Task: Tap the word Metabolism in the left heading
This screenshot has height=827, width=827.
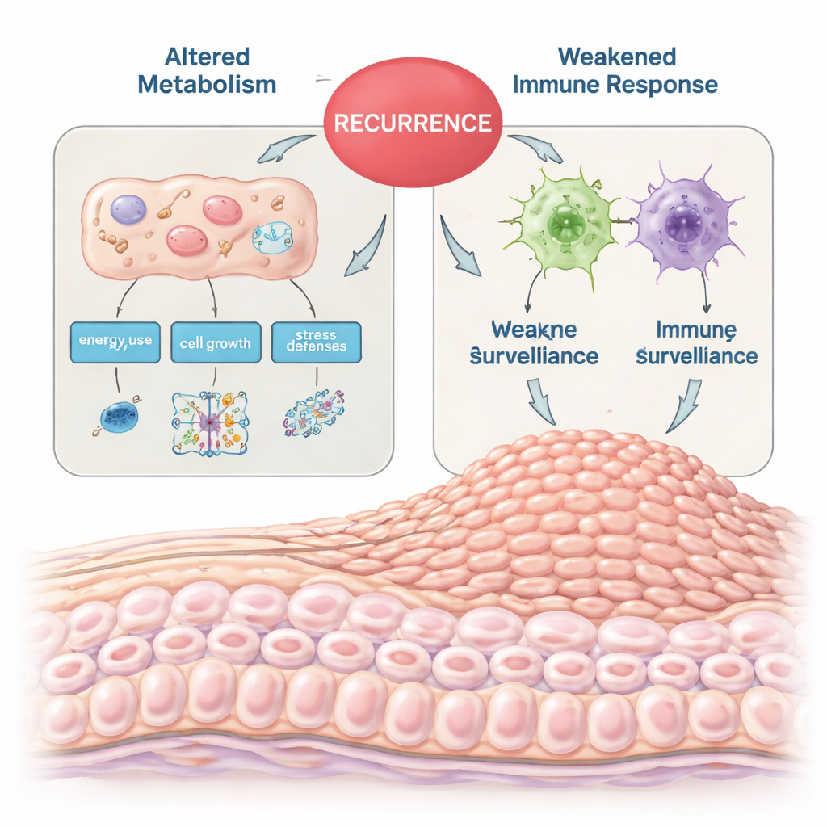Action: (x=207, y=84)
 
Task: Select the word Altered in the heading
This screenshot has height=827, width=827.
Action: (x=207, y=57)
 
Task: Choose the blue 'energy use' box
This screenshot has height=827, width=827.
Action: (x=115, y=342)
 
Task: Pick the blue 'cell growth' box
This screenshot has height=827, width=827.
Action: (x=215, y=343)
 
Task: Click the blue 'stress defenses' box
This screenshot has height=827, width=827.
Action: (x=316, y=341)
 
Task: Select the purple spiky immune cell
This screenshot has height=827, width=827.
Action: (x=685, y=217)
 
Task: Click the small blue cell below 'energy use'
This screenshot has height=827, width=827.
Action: (x=119, y=415)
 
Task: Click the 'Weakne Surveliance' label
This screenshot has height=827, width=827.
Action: (x=534, y=342)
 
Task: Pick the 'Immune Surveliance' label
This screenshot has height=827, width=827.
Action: (x=696, y=342)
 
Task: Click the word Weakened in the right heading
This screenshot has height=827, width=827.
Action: (x=617, y=57)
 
